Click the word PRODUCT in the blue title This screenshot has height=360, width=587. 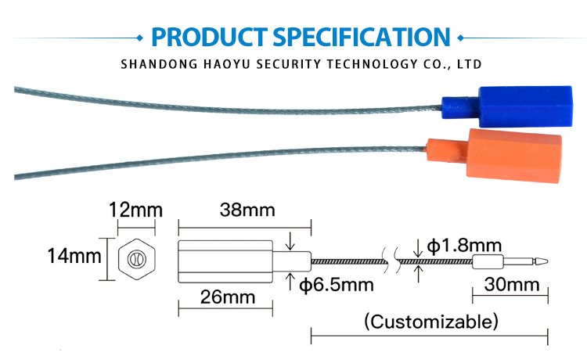209,37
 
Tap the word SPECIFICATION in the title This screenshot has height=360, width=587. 362,37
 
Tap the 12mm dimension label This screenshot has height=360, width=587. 136,210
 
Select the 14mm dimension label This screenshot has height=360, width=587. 74,257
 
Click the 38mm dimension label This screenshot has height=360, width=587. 247,210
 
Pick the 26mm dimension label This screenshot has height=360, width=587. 228,297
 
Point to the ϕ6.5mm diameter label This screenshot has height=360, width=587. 337,285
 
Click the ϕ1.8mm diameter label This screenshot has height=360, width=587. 464,246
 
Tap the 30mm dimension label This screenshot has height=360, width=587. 512,285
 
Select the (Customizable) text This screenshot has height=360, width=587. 431,322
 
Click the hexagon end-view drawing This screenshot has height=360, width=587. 137,259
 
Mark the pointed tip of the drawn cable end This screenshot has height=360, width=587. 547,261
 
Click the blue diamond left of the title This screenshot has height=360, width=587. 140,38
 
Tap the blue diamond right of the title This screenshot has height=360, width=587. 460,38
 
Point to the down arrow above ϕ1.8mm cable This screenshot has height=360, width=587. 418,248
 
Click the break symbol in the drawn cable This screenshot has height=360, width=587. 391,260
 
